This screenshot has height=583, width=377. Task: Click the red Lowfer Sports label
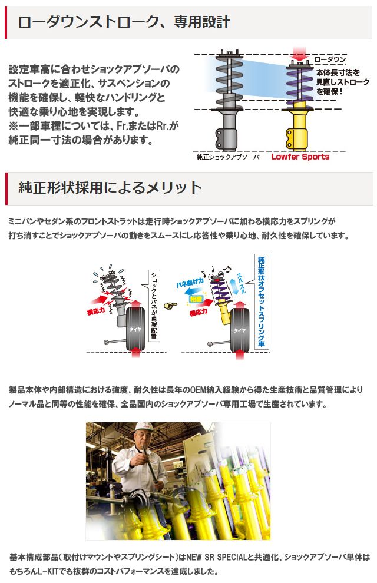[300, 157]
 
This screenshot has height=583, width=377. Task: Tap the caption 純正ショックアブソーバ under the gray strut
[228, 157]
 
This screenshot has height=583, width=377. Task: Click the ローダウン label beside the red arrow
[330, 60]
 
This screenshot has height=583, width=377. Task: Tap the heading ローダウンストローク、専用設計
[124, 23]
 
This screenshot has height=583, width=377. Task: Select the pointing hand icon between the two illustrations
[171, 306]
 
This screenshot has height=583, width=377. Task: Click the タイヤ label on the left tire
[134, 330]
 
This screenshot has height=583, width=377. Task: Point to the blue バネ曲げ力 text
[190, 284]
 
